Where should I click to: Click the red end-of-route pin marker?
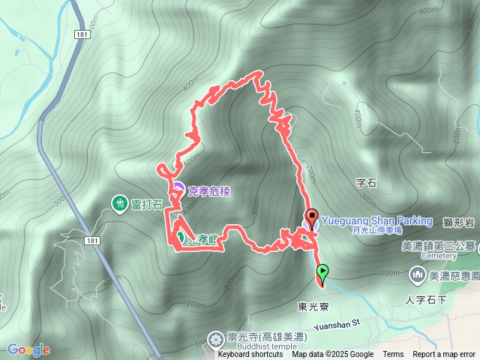pyautogui.click(x=311, y=218)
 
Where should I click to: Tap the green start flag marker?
pyautogui.click(x=322, y=271)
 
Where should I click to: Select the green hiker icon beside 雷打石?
pyautogui.click(x=118, y=202)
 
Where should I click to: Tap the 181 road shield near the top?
pyautogui.click(x=82, y=34)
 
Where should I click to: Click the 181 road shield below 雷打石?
pyautogui.click(x=91, y=240)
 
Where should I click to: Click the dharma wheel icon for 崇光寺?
pyautogui.click(x=217, y=340)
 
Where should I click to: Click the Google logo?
pyautogui.click(x=28, y=349)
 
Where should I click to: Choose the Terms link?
pyautogui.click(x=393, y=355)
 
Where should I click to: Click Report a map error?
pyautogui.click(x=445, y=355)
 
